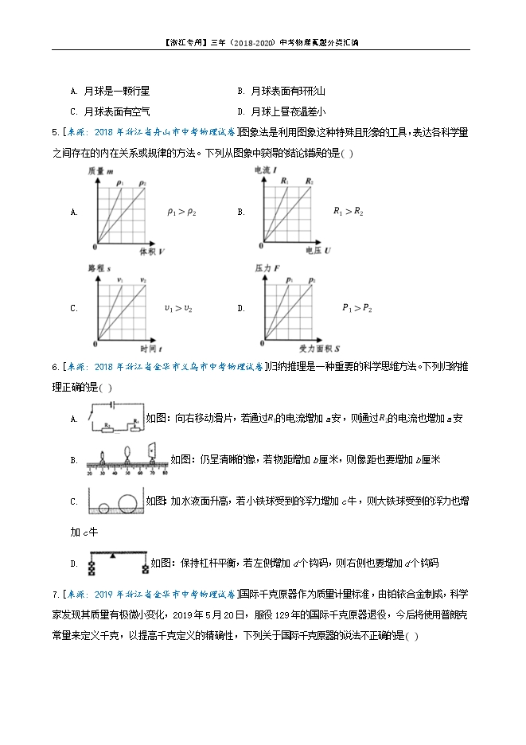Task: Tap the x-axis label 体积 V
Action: (152, 252)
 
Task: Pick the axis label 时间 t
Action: (150, 349)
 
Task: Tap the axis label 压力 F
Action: (265, 269)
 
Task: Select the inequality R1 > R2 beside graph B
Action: (348, 212)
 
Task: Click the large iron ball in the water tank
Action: (128, 504)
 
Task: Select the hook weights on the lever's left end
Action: (92, 568)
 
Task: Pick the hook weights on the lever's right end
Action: (145, 568)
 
